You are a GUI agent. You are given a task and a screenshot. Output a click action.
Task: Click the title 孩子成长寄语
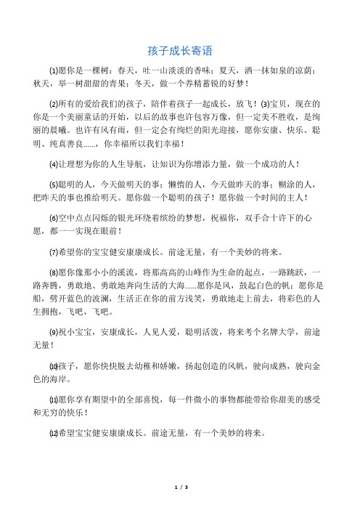[179, 51]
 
